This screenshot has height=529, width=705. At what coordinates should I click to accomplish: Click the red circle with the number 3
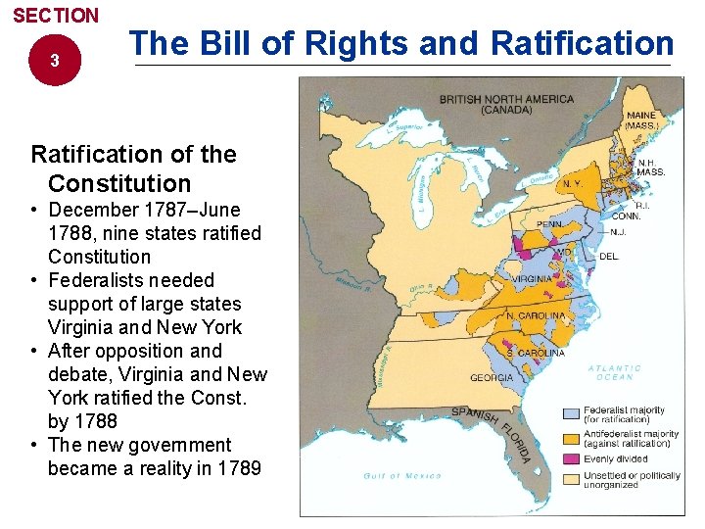point(55,61)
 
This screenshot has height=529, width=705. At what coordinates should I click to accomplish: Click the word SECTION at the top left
point(56,16)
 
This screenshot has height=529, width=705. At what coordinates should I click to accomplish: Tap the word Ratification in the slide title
point(582,43)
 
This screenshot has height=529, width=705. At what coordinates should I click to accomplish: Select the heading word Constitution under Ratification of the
point(119,183)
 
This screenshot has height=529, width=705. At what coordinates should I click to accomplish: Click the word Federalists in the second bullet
point(99,280)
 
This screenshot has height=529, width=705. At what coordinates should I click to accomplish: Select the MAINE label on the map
point(641,116)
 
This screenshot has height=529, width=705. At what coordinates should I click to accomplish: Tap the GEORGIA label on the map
point(492,377)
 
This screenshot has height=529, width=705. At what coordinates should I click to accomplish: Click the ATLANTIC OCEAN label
point(615,373)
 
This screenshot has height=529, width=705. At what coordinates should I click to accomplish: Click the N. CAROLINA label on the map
point(536,316)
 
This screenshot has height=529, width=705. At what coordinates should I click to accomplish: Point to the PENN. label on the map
point(550,224)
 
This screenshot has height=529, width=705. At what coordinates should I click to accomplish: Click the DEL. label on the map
point(609,257)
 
